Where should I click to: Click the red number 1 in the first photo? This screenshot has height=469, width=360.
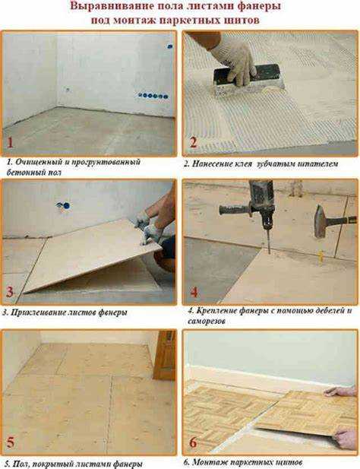10,142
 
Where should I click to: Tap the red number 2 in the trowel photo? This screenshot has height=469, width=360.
194,142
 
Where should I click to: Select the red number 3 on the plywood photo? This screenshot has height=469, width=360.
10,292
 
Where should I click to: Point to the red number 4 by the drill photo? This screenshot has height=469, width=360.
194,292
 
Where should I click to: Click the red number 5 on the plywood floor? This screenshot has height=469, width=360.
10,442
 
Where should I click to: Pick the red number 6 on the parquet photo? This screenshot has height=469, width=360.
194,442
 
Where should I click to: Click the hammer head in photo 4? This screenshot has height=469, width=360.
321,221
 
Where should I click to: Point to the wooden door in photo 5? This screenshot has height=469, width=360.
165,355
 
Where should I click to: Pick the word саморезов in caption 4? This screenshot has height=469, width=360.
207,322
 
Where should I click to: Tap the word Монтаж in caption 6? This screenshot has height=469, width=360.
210,462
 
